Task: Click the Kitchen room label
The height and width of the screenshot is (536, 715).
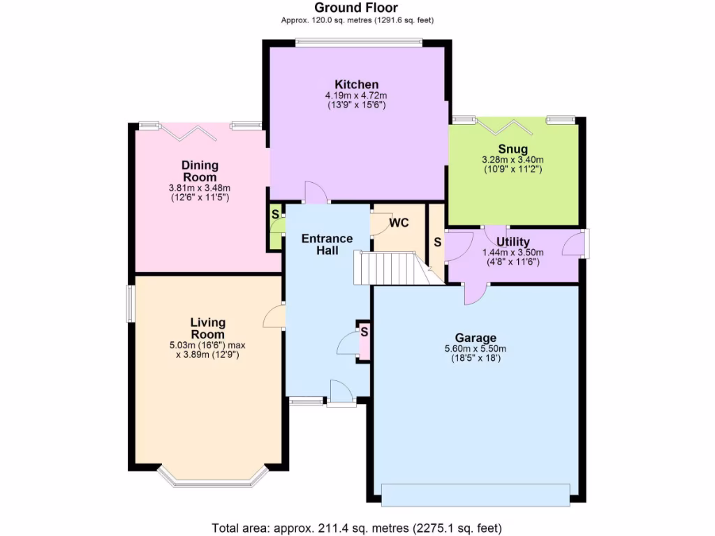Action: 356,84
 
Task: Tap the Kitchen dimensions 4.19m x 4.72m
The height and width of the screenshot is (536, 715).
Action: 356,96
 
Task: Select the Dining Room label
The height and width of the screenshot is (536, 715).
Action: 200,171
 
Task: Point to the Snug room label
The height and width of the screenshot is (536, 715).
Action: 513,149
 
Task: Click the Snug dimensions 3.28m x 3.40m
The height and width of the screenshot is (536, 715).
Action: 513,160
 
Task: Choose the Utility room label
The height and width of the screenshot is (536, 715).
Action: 513,242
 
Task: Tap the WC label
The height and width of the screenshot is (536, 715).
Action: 399,223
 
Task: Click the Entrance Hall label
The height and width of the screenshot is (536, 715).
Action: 327,244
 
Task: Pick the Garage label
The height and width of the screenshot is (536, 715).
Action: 476,338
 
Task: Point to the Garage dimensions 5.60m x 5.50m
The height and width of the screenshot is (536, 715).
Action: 476,349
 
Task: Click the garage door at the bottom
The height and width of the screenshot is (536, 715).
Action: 476,494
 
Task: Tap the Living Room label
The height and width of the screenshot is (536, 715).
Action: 208,328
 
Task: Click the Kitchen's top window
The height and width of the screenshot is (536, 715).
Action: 358,43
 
